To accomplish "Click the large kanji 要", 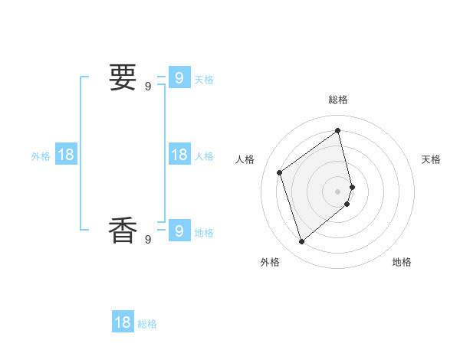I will tap(123, 77).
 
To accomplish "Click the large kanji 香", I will tap(123, 230).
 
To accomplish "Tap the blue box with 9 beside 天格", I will tap(179, 77).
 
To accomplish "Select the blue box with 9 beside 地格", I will tap(179, 230).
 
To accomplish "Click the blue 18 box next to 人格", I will tap(179, 155).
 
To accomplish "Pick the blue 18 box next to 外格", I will tap(66, 155).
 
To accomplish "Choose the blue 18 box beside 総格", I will tap(123, 322).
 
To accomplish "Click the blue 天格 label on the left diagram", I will tap(204, 80).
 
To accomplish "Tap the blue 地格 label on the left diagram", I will tap(204, 233).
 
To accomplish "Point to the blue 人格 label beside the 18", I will tap(204, 156).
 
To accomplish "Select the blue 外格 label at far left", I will tap(41, 156).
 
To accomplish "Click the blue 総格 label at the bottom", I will tap(147, 325).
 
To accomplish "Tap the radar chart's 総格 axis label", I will tap(338, 100).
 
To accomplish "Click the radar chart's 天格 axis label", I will tap(432, 159).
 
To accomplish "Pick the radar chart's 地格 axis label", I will tap(402, 262).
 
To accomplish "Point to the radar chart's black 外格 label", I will tap(270, 262).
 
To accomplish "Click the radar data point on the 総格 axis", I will tap(338, 130).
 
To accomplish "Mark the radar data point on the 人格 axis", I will tap(280, 172).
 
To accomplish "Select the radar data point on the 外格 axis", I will tap(301, 242).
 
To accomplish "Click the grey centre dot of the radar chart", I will tap(338, 191).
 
